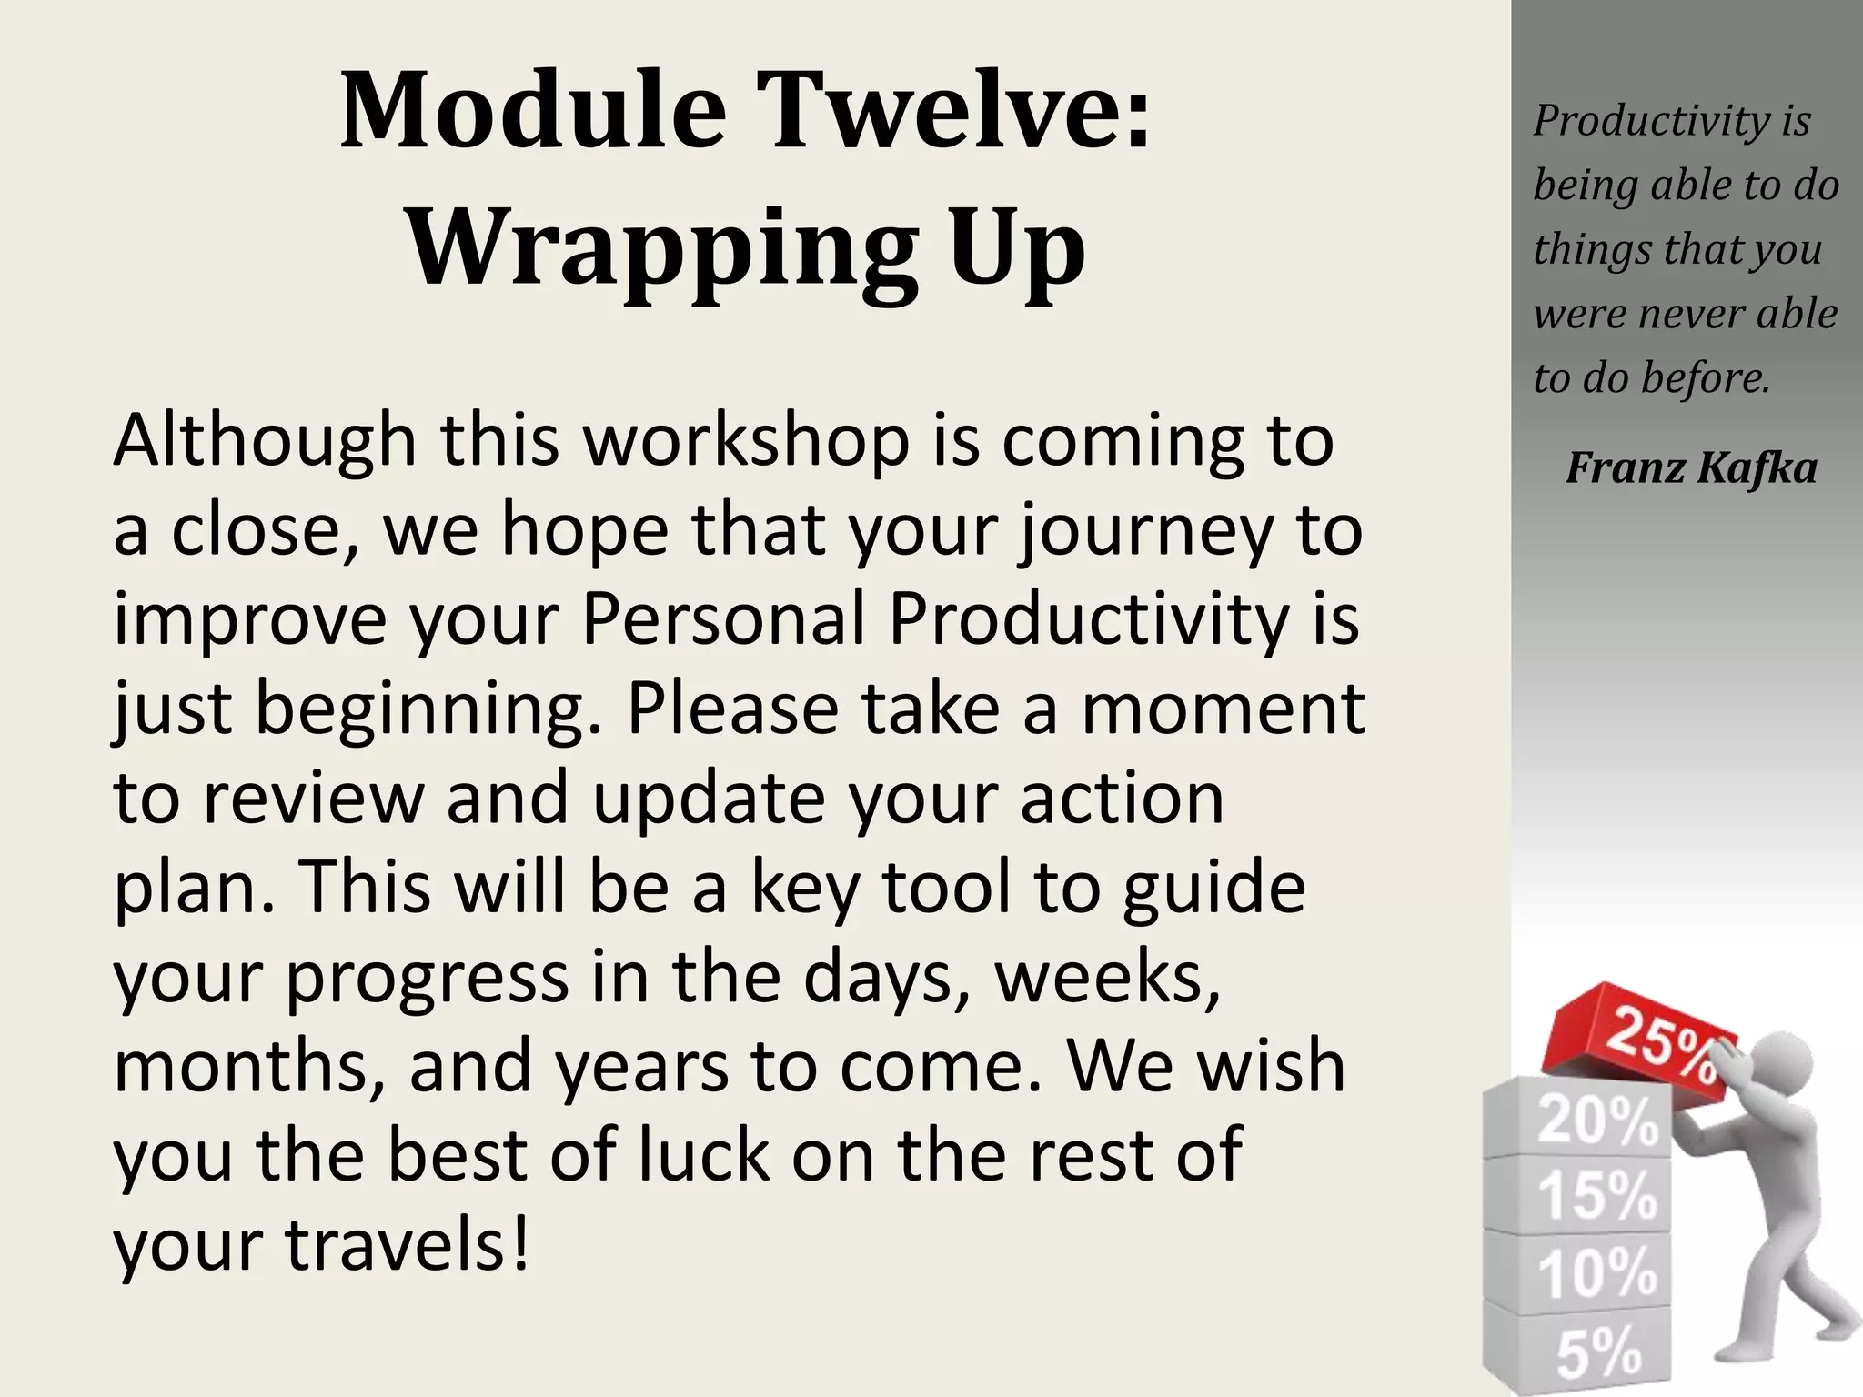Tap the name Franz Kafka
click(1691, 468)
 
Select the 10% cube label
click(1597, 1273)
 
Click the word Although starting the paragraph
click(265, 440)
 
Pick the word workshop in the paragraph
click(746, 440)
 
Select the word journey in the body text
click(1143, 531)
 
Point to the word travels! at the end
click(407, 1245)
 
